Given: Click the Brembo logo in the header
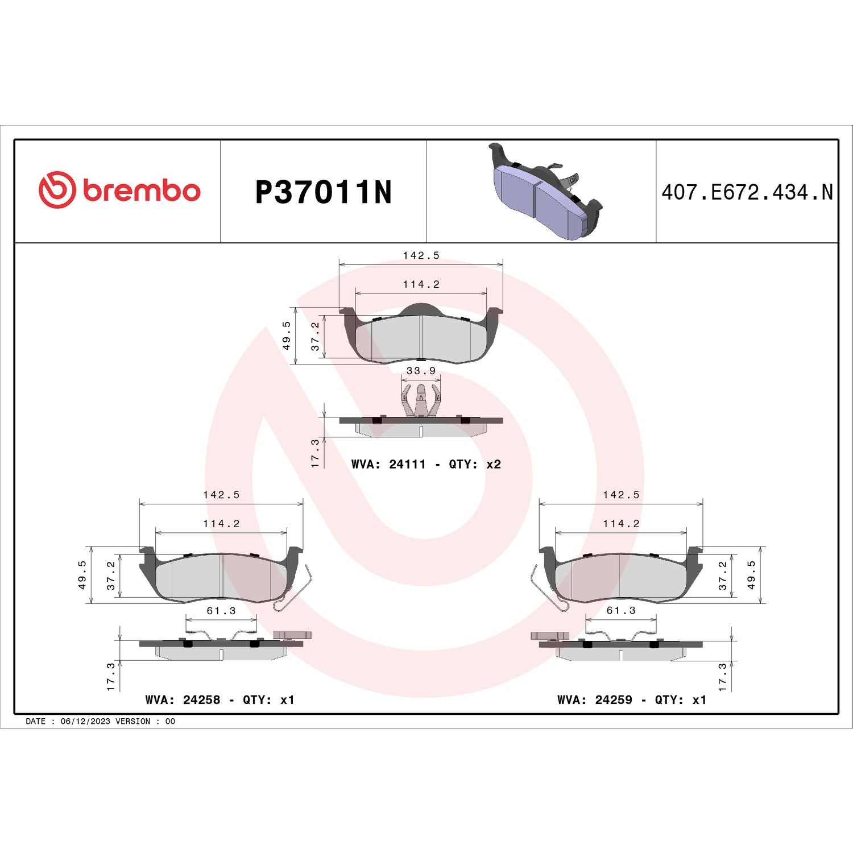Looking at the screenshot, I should (119, 190).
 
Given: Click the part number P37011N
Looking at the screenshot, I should (324, 192).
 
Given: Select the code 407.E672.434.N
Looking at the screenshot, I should (747, 192).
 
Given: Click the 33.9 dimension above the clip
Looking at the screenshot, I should (421, 371).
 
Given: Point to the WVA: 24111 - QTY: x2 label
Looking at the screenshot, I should (426, 464).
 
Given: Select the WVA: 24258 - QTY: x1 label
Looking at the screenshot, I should (220, 699).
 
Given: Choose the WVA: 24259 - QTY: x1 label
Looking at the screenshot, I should (632, 699).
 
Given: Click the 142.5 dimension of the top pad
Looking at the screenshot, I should (421, 256).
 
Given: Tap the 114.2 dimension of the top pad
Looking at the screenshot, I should (421, 284).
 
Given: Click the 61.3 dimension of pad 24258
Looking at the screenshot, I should (221, 611).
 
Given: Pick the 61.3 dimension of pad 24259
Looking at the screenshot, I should (621, 611).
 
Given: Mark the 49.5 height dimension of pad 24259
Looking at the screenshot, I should (751, 575).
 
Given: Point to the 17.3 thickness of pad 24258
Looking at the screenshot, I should (111, 676).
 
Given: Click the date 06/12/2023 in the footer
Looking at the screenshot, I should (85, 721).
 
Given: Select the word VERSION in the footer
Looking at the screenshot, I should (133, 721).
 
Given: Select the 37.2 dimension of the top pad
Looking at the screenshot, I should (315, 336).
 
